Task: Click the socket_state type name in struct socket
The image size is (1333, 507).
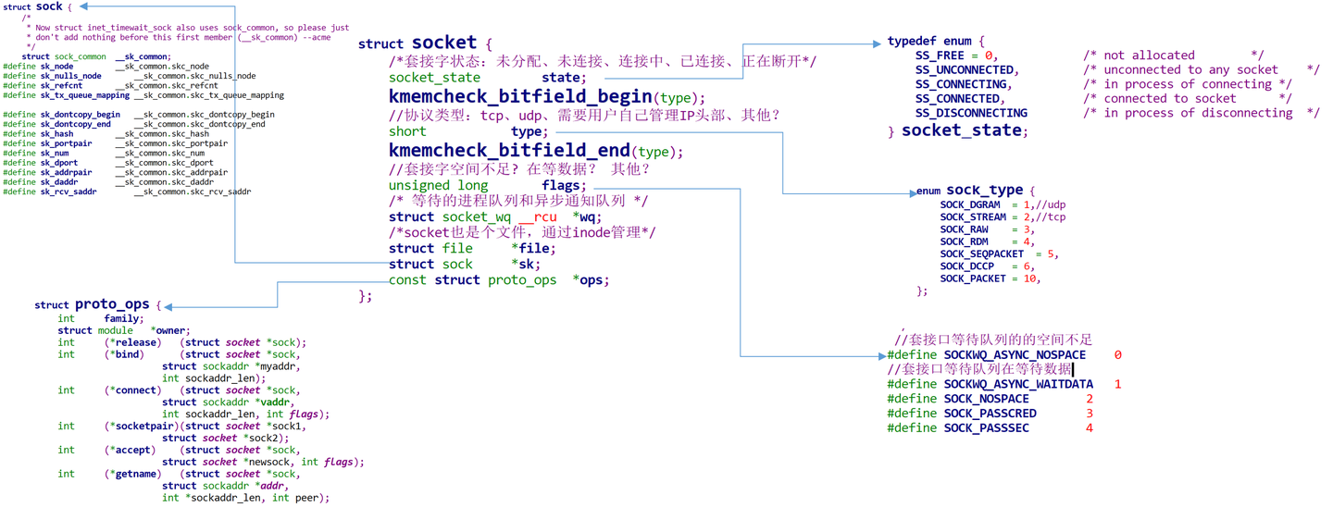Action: [434, 79]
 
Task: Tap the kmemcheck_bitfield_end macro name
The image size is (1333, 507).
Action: [508, 151]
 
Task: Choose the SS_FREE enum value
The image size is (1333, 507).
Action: [940, 56]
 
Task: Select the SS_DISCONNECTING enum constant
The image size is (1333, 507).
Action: [971, 113]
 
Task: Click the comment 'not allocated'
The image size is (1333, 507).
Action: [1149, 56]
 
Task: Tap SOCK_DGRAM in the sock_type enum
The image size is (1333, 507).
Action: [970, 204]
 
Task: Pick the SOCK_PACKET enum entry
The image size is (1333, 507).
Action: [973, 278]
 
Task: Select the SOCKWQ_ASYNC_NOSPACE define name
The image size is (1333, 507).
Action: [1015, 355]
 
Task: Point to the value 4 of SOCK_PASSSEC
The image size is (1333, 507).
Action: [1090, 428]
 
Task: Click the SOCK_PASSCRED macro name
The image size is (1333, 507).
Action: [990, 414]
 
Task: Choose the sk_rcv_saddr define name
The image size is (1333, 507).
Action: [69, 192]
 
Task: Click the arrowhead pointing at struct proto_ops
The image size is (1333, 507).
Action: [169, 306]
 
